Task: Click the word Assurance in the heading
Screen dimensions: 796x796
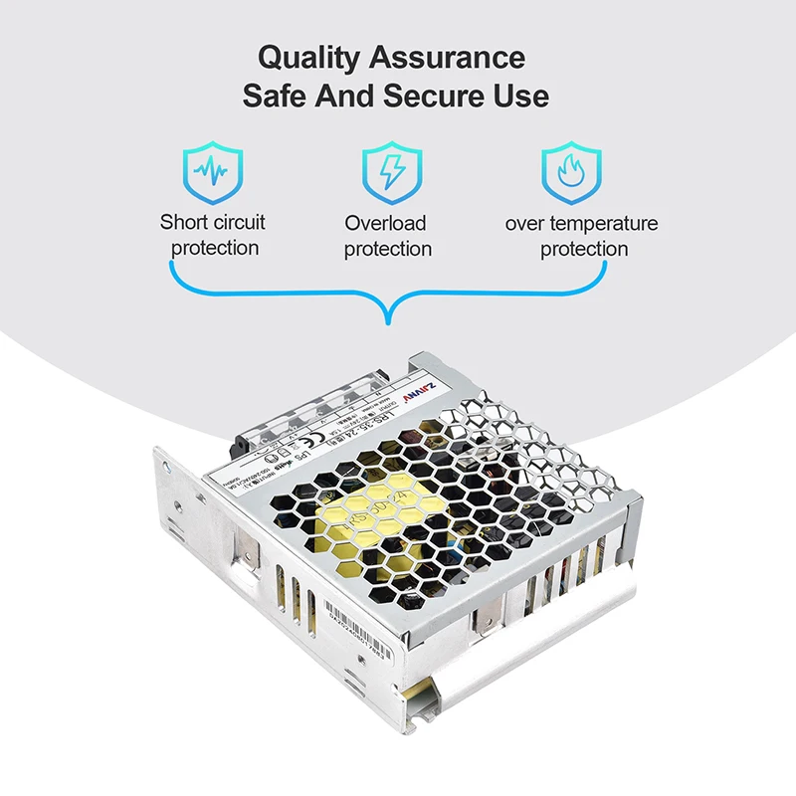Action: click(x=448, y=57)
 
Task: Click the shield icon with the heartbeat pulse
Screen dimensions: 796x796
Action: click(x=213, y=171)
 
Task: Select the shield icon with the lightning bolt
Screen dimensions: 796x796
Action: click(x=391, y=171)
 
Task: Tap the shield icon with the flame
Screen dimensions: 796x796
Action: click(x=571, y=171)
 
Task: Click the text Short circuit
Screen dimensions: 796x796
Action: click(x=213, y=222)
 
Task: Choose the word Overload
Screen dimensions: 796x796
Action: click(x=385, y=223)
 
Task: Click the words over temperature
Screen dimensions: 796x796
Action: click(x=581, y=223)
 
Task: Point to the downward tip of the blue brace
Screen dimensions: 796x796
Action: click(x=389, y=320)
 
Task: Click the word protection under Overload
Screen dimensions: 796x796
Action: click(x=388, y=249)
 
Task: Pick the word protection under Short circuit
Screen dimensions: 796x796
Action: click(x=215, y=248)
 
